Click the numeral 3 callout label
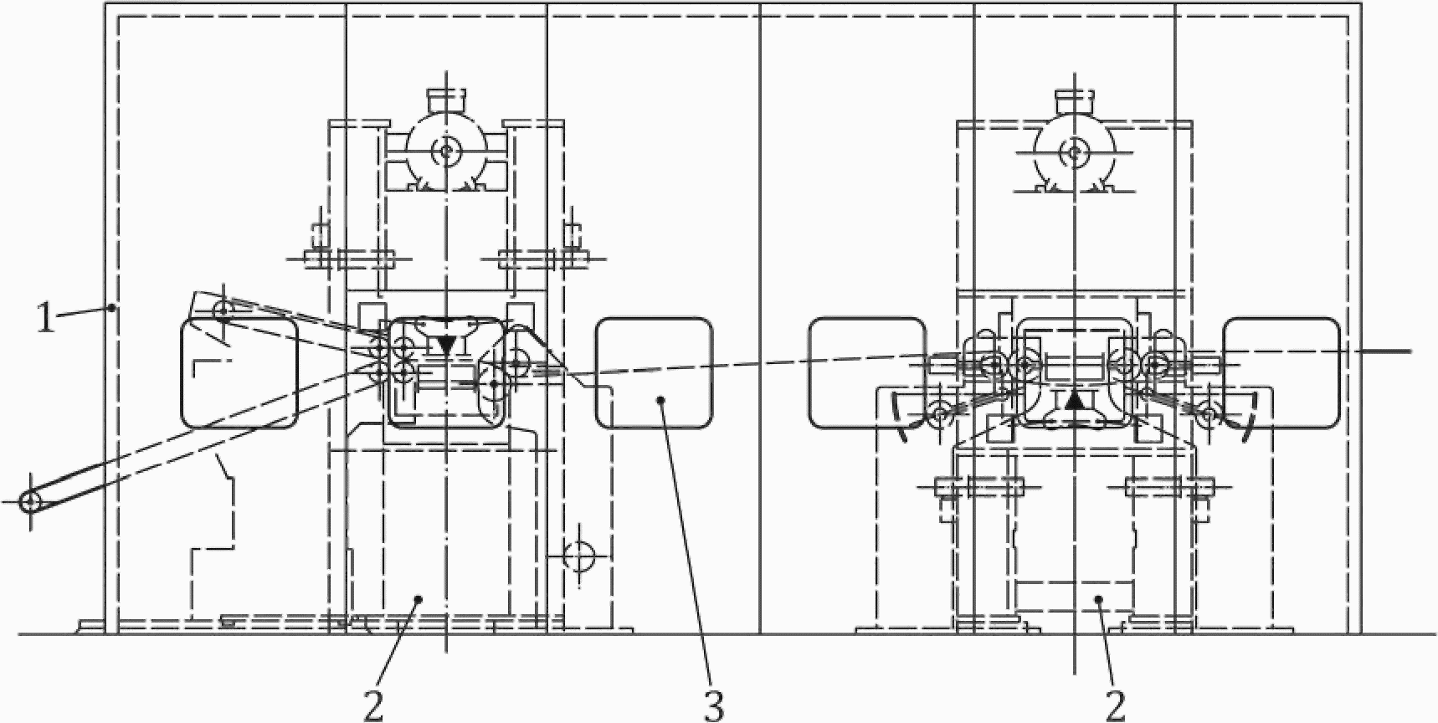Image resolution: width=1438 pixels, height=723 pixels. click(713, 706)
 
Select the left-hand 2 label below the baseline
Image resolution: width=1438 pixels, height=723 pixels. click(374, 706)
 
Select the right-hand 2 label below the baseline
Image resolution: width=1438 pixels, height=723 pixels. click(1116, 706)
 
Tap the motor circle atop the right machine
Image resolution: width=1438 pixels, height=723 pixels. click(1075, 151)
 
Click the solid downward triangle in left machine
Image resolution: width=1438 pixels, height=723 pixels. click(446, 343)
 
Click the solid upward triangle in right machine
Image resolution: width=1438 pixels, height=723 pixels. click(1075, 401)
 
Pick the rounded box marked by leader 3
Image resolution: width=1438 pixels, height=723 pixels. click(654, 373)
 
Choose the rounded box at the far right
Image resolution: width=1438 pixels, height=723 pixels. click(1281, 373)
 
